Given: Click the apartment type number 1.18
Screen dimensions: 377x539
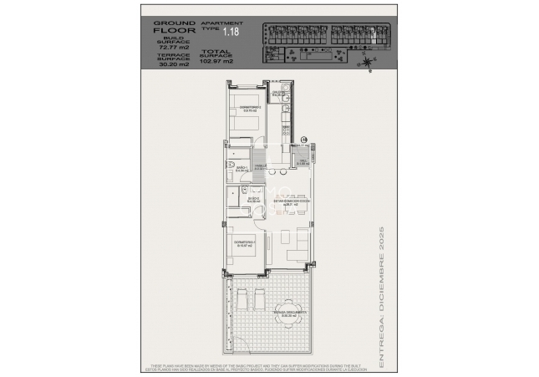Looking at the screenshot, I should point(231,31).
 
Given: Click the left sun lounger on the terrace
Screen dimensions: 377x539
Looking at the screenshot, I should point(242,300).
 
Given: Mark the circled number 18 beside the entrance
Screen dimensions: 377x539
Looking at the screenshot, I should point(304,140).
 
